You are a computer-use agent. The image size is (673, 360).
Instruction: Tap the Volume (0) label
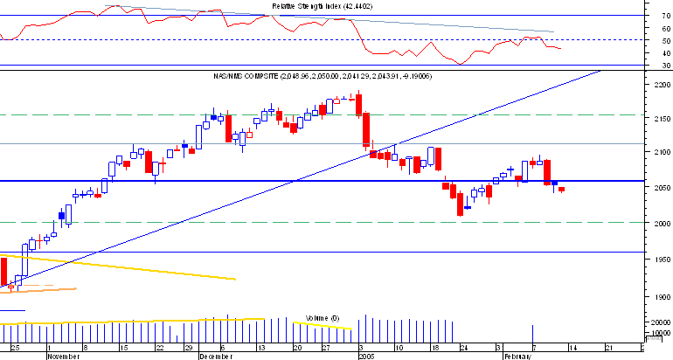[x=323, y=316]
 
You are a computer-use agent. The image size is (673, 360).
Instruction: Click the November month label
[x=63, y=356]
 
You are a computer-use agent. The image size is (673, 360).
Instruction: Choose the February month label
[x=516, y=356]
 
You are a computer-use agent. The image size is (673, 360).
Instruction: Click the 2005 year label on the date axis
[x=366, y=356]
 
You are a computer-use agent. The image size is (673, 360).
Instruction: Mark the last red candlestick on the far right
[x=562, y=189]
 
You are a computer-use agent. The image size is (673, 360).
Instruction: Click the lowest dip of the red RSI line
[x=460, y=63]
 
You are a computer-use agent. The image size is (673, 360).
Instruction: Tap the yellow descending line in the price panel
[x=131, y=267]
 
